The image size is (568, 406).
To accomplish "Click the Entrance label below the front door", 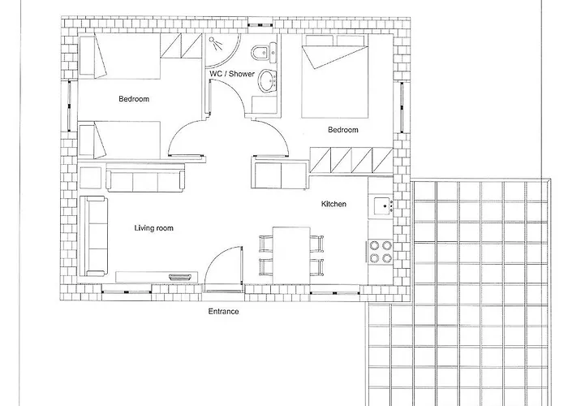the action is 223,311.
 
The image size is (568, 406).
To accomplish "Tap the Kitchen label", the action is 333,204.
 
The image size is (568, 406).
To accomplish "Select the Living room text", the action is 154,228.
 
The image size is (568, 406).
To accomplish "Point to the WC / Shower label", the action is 232,74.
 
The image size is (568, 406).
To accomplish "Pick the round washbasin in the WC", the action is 267,80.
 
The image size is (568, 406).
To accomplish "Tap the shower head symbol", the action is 216,44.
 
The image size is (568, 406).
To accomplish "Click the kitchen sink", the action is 381,206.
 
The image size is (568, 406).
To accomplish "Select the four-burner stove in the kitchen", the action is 381,252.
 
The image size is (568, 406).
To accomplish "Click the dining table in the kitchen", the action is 291,256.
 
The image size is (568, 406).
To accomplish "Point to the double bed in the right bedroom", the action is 334,76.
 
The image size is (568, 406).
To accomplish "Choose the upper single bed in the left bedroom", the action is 119,56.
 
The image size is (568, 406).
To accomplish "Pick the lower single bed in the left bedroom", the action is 119,140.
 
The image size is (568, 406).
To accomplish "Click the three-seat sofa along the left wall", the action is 93,236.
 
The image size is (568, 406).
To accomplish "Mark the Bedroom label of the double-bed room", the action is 343,129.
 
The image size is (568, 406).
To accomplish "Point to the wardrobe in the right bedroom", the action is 351,160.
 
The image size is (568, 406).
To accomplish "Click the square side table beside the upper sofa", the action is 91,178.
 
